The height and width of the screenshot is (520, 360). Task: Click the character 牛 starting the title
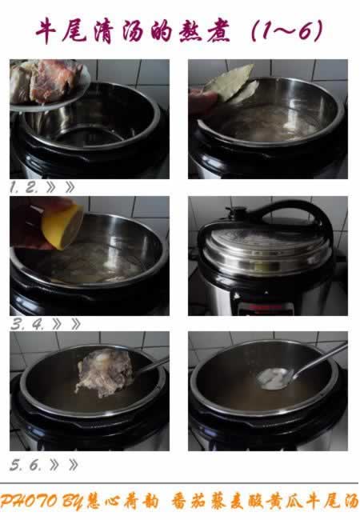coord(46,31)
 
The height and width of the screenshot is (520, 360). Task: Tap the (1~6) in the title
coord(287,31)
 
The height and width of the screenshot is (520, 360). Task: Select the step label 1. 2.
coord(24,188)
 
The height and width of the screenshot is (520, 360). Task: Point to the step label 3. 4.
coord(27,324)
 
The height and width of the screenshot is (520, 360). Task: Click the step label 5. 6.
coord(26,465)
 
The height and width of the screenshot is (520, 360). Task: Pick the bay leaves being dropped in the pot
coord(232,83)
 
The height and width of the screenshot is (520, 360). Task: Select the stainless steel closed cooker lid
coord(265,252)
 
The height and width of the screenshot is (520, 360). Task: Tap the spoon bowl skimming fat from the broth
coord(274,378)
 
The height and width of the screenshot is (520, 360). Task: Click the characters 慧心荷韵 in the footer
coord(122,502)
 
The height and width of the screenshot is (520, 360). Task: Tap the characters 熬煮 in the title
coord(204,31)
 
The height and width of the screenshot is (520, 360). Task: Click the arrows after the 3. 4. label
coord(66,324)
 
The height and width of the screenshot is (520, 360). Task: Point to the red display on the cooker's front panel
coord(265,308)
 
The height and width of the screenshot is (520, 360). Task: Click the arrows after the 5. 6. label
coord(64,465)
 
